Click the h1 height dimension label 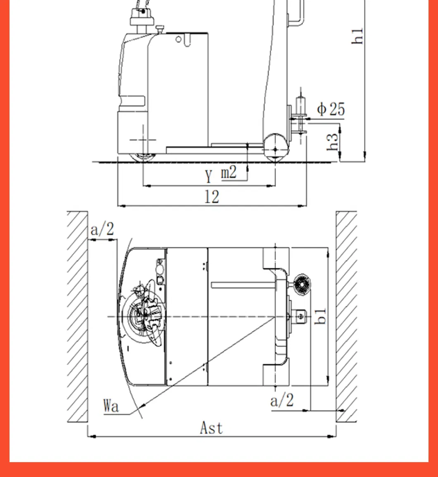point(358,36)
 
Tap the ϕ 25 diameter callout point(331,109)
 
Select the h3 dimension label point(333,142)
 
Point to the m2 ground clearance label point(229,171)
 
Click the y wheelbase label point(209,175)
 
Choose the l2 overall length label point(212,197)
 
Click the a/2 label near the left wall point(102,229)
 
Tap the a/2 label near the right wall point(282,400)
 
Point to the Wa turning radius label point(111,406)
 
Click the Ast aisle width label point(211,427)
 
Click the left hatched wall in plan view point(78,317)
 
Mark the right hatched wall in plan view point(346,317)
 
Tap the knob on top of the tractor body point(160,28)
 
